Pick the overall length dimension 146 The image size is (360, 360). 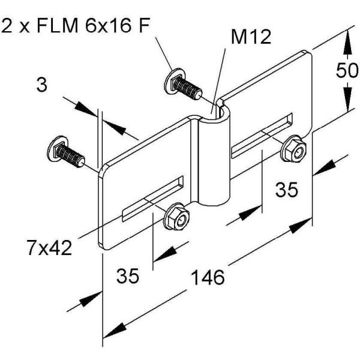208,277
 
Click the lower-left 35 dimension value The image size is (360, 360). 128,277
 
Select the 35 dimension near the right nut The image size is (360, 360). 287,190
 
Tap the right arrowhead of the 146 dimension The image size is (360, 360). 305,223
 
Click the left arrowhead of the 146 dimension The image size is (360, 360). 112,331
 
